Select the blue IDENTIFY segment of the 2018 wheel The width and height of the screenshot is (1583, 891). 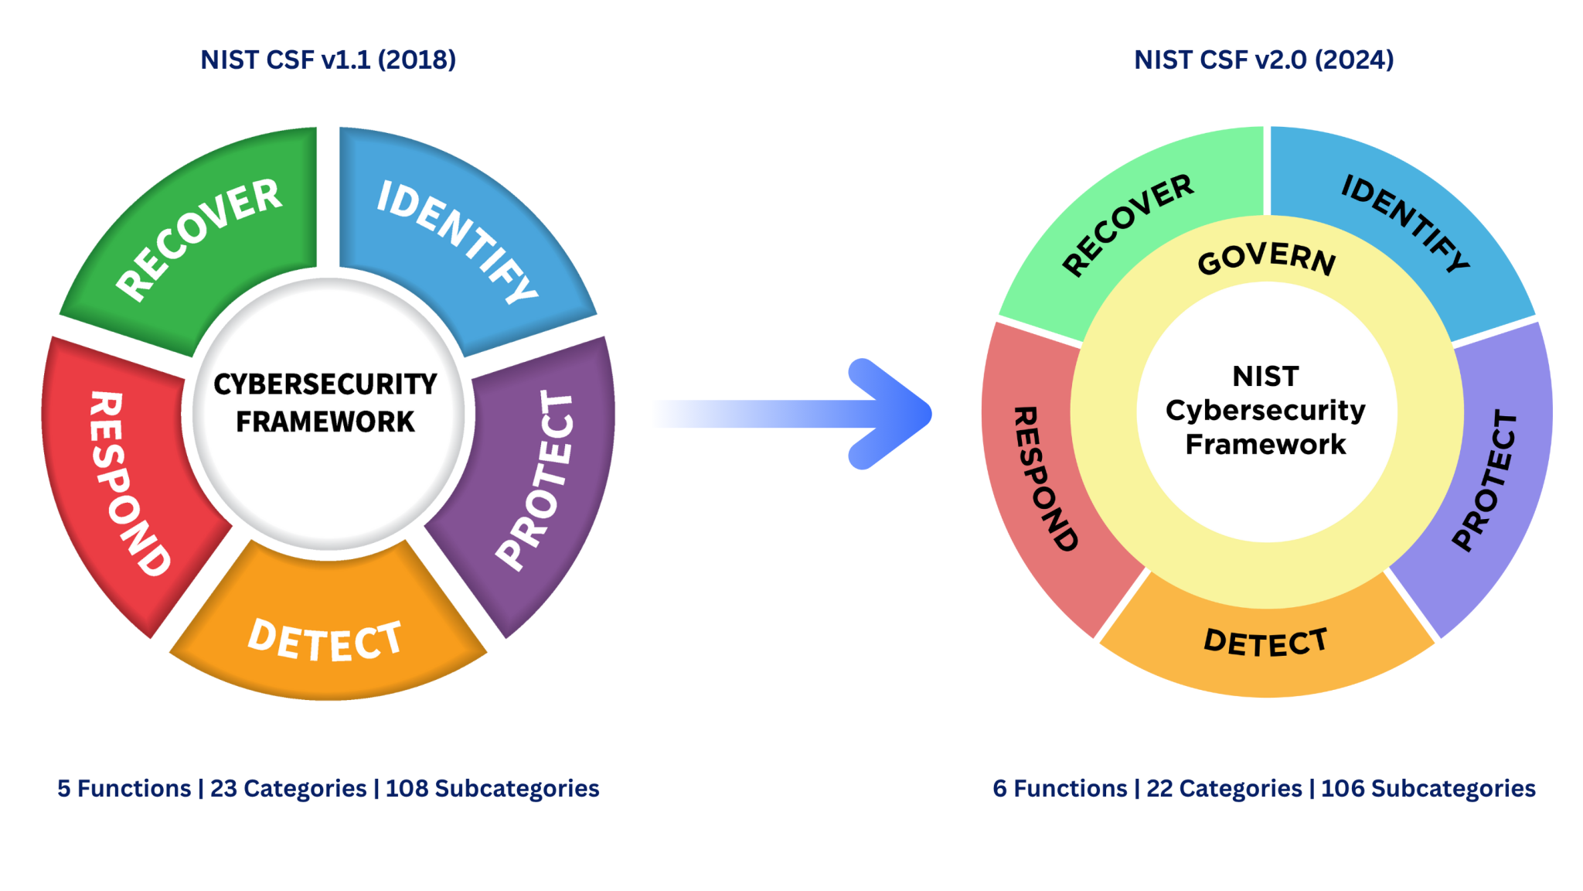(x=456, y=240)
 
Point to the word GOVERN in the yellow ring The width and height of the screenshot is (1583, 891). (x=1266, y=259)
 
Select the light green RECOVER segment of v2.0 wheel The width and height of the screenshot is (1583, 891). (x=1129, y=224)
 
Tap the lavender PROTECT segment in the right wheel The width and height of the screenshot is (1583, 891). (x=1488, y=480)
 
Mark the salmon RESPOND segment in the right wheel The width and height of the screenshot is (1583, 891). (x=1043, y=480)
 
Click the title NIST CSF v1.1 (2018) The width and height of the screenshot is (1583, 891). (x=329, y=60)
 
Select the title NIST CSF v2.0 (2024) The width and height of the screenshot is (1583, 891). (x=1264, y=60)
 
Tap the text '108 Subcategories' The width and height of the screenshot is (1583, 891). (x=492, y=788)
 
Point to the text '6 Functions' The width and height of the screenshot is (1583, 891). (x=1060, y=788)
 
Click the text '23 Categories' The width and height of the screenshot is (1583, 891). (x=288, y=788)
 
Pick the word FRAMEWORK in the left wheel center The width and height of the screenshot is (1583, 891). (x=325, y=422)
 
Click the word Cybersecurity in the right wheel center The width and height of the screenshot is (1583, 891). (x=1265, y=410)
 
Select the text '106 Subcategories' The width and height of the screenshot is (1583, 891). (x=1428, y=788)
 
